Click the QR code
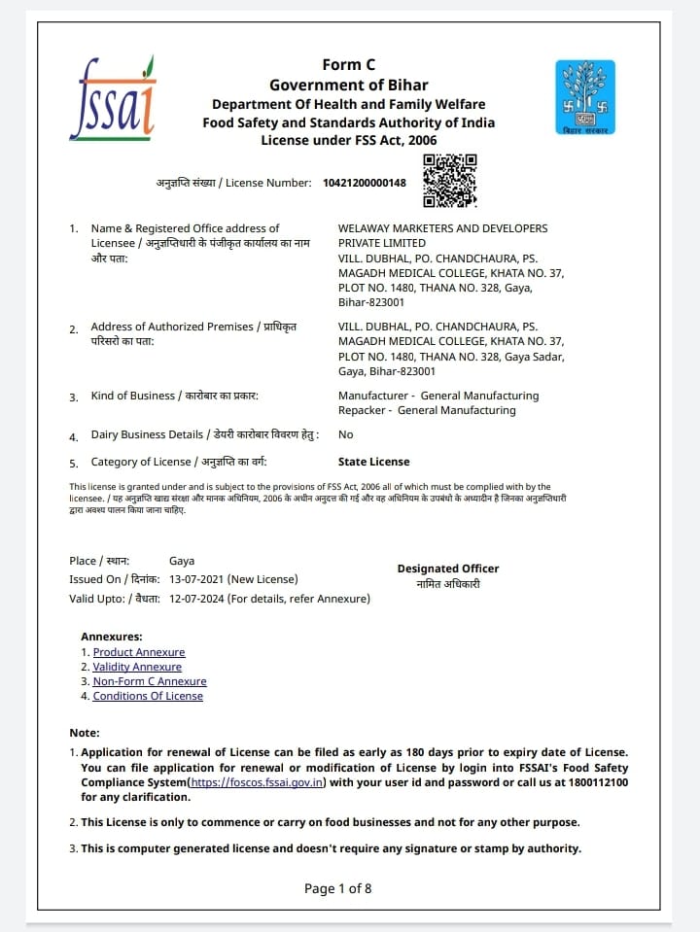click(449, 181)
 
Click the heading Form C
click(348, 65)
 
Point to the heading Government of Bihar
click(348, 85)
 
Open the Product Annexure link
click(138, 652)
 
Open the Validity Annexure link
click(137, 667)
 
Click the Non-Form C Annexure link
click(150, 681)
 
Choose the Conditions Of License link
click(148, 696)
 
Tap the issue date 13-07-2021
click(198, 579)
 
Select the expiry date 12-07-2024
click(198, 599)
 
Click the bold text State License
click(373, 462)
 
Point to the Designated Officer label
click(447, 569)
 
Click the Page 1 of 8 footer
click(337, 888)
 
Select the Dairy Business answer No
click(345, 434)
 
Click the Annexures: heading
click(111, 637)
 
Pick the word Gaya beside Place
click(182, 561)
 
